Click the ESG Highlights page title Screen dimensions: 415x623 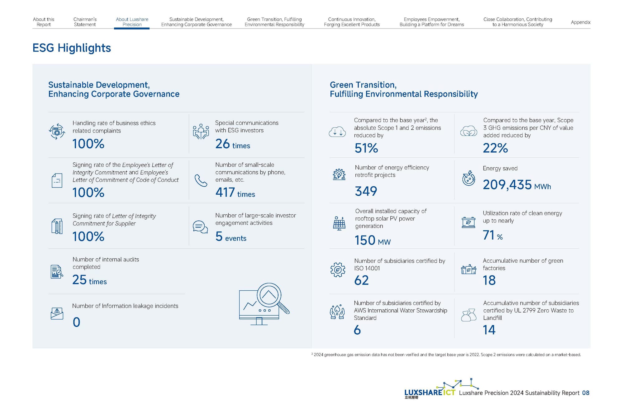(x=72, y=48)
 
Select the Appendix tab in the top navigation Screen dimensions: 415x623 (x=580, y=22)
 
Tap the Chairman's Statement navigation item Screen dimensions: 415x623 (x=85, y=22)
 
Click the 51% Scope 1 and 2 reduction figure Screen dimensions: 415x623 (x=366, y=148)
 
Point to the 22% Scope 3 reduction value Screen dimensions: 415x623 (x=495, y=148)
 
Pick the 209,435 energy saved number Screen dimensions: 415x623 (x=507, y=185)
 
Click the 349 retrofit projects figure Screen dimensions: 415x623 (x=366, y=191)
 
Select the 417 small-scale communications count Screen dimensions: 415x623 (x=225, y=193)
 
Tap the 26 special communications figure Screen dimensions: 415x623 (x=222, y=144)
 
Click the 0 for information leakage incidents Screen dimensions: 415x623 (x=76, y=322)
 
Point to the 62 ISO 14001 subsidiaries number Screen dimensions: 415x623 (x=361, y=280)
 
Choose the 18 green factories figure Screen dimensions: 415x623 (x=489, y=280)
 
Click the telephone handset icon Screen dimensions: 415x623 (x=201, y=180)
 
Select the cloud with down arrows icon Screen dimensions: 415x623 (x=337, y=132)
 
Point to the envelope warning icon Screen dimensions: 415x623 (x=57, y=313)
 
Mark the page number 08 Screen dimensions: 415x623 (x=586, y=393)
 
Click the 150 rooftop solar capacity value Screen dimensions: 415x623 (x=365, y=240)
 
